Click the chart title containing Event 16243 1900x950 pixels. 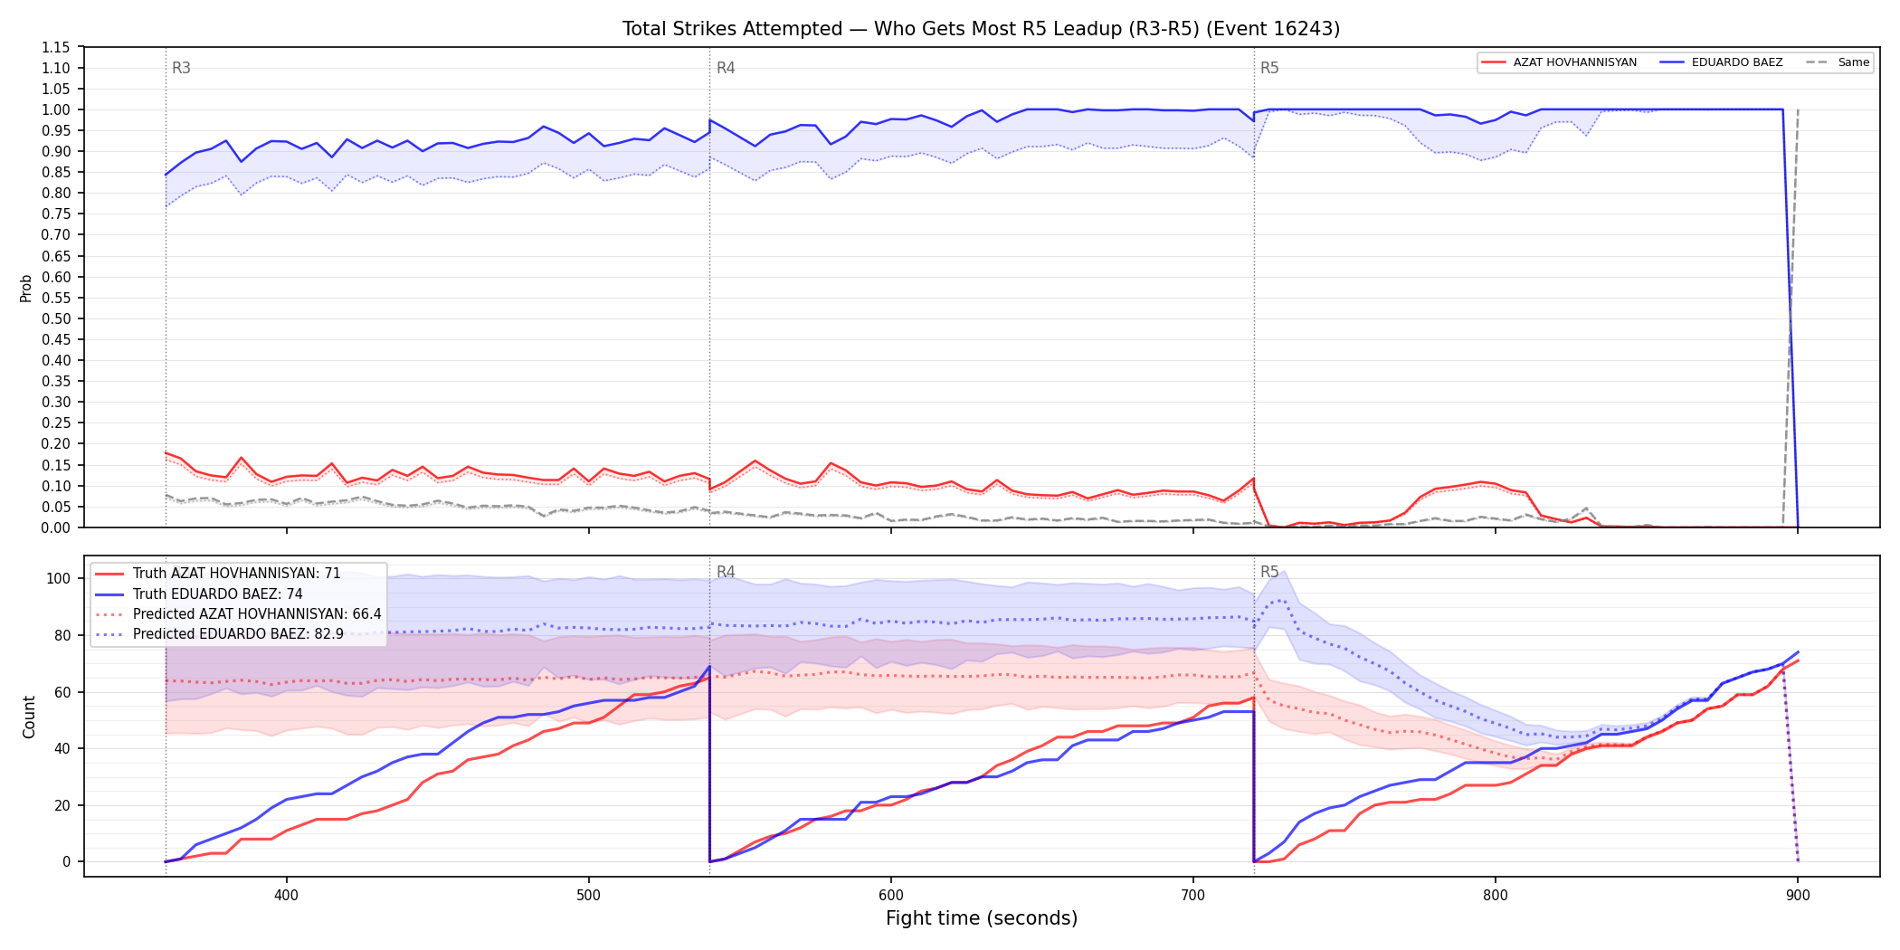click(x=981, y=29)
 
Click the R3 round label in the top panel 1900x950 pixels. click(x=181, y=68)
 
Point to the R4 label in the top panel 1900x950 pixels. click(x=726, y=68)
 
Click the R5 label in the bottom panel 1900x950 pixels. click(x=1269, y=572)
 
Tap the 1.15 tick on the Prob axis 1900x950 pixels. click(x=56, y=47)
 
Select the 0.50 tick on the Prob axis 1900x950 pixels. click(x=56, y=318)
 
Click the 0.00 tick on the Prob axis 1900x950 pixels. click(x=56, y=527)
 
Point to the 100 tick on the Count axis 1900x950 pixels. click(x=59, y=578)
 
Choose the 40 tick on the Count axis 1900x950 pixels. click(x=62, y=748)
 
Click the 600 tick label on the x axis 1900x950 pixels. click(x=891, y=895)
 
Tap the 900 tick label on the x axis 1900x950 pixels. click(x=1798, y=895)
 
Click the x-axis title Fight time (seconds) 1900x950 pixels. click(x=982, y=918)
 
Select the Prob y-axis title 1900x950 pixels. click(x=26, y=288)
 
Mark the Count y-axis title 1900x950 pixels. click(x=29, y=717)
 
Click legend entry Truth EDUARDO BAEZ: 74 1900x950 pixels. click(x=218, y=594)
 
